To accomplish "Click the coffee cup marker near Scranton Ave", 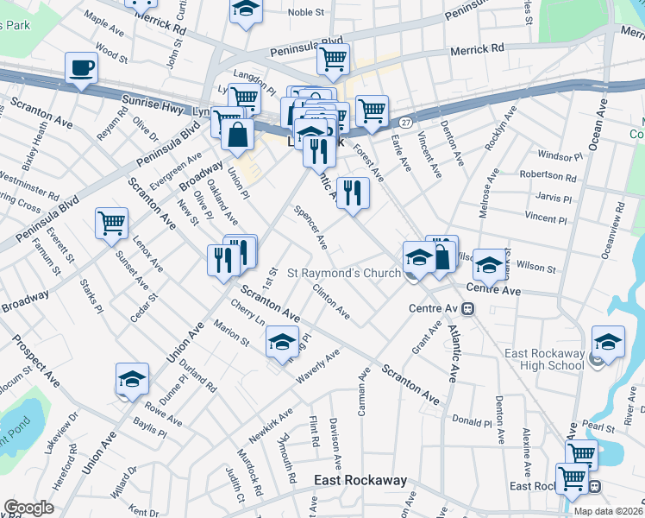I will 83,67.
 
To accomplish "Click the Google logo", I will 28,508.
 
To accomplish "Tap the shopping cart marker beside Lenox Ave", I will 112,224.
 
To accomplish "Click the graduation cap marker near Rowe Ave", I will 132,378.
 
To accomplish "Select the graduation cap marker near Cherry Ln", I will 282,342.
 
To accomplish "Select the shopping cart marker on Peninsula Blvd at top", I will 332,59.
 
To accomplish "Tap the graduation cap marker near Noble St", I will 246,10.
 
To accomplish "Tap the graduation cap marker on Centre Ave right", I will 489,265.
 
